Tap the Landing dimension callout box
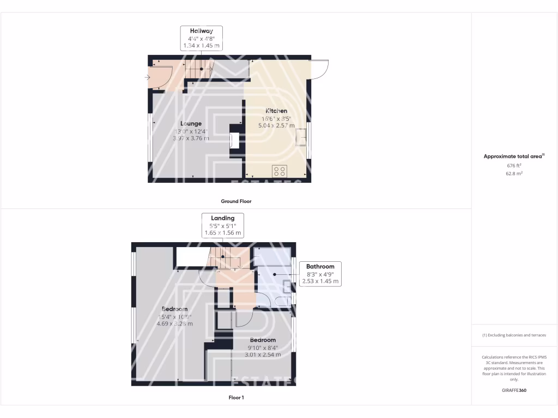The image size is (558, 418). (x=223, y=225)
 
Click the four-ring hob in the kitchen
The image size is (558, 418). (x=280, y=171)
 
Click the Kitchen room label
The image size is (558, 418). (x=276, y=111)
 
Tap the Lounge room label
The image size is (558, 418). (x=191, y=124)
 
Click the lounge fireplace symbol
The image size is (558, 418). (x=234, y=140)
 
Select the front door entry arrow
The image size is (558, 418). (x=148, y=78)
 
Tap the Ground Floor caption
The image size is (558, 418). (x=236, y=201)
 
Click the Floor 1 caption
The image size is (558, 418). (x=236, y=398)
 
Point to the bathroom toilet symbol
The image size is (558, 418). (x=283, y=301)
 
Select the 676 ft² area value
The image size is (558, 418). (x=514, y=165)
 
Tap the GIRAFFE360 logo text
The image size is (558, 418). (x=514, y=390)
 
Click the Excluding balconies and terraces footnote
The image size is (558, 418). (x=514, y=335)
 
